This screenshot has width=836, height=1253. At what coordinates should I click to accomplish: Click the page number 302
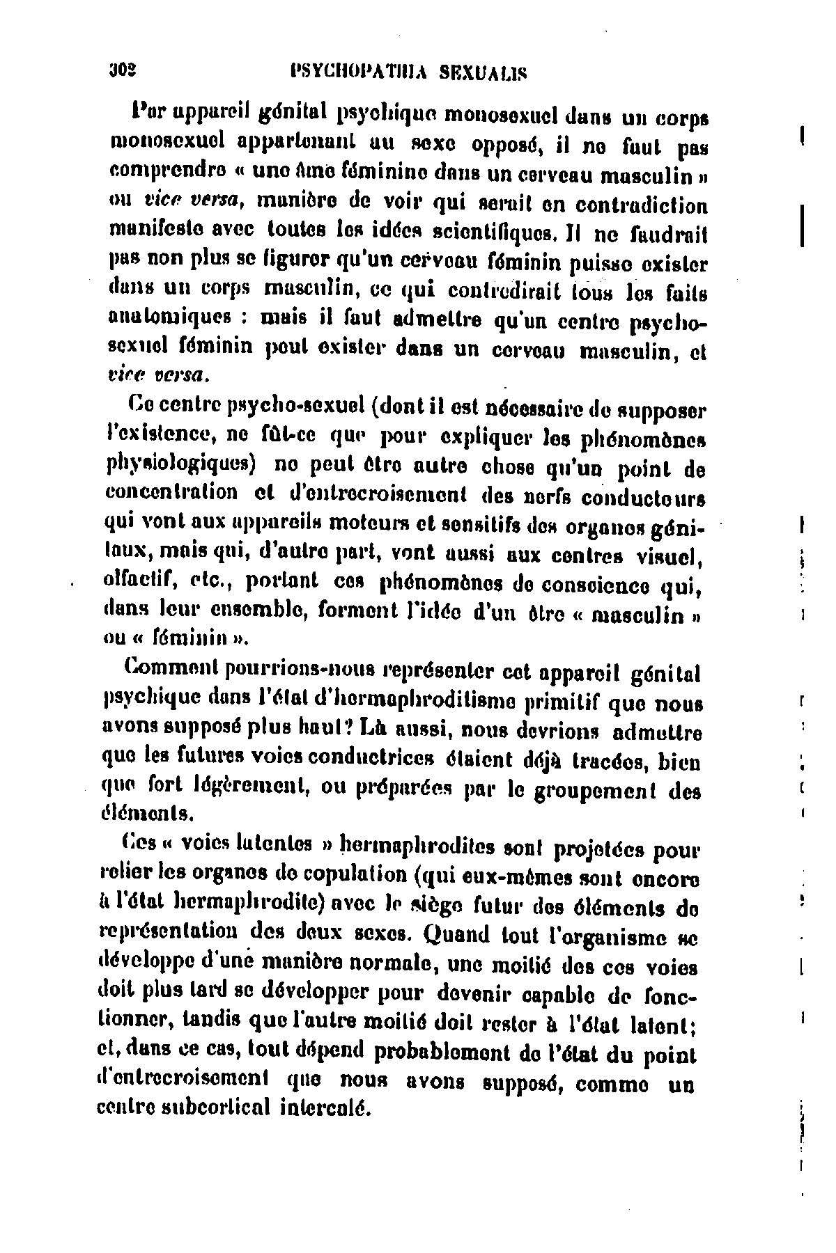120,70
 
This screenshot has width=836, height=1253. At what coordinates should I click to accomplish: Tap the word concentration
170,491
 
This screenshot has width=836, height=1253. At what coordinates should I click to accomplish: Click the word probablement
442,1055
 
